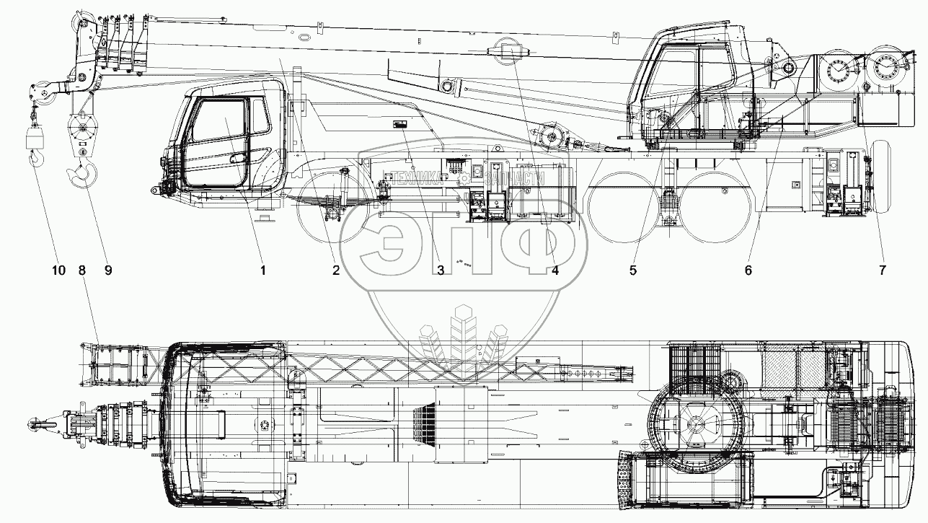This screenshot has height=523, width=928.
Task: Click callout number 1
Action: [x=264, y=271]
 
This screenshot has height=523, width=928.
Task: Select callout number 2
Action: [x=335, y=271]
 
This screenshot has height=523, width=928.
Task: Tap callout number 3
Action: [x=441, y=271]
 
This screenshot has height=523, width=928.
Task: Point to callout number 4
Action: [x=554, y=271]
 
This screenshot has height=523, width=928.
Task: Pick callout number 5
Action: [x=632, y=271]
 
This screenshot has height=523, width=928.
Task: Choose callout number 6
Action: [x=748, y=271]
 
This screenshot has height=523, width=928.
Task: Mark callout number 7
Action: [x=881, y=271]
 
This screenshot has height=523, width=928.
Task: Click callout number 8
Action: [x=82, y=271]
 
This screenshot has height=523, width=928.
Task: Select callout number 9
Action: [x=107, y=271]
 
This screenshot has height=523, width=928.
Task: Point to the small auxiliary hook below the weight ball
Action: [x=35, y=157]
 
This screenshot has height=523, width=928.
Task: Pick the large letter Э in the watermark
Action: [x=395, y=249]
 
